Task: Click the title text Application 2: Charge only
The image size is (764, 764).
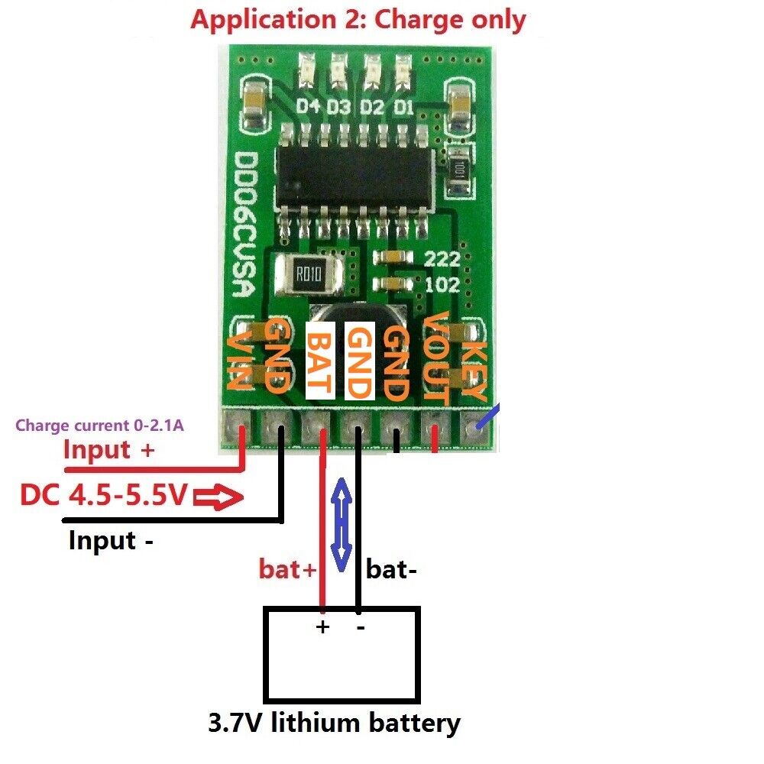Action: tap(358, 19)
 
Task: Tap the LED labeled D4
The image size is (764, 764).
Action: tap(308, 68)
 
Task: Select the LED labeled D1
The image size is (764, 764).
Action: tap(403, 68)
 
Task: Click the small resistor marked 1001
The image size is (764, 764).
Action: tap(460, 168)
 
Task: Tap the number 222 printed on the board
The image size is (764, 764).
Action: tap(441, 257)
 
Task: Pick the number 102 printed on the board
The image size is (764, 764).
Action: tap(441, 285)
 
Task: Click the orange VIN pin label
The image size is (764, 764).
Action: tap(239, 361)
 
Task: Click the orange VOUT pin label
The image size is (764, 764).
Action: tap(435, 358)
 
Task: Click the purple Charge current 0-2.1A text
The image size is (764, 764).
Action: tap(99, 426)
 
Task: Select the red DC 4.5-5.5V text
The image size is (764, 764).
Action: tap(104, 497)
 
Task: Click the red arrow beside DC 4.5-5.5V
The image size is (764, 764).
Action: tap(219, 499)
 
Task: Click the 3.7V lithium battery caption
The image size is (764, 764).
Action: tap(334, 722)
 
